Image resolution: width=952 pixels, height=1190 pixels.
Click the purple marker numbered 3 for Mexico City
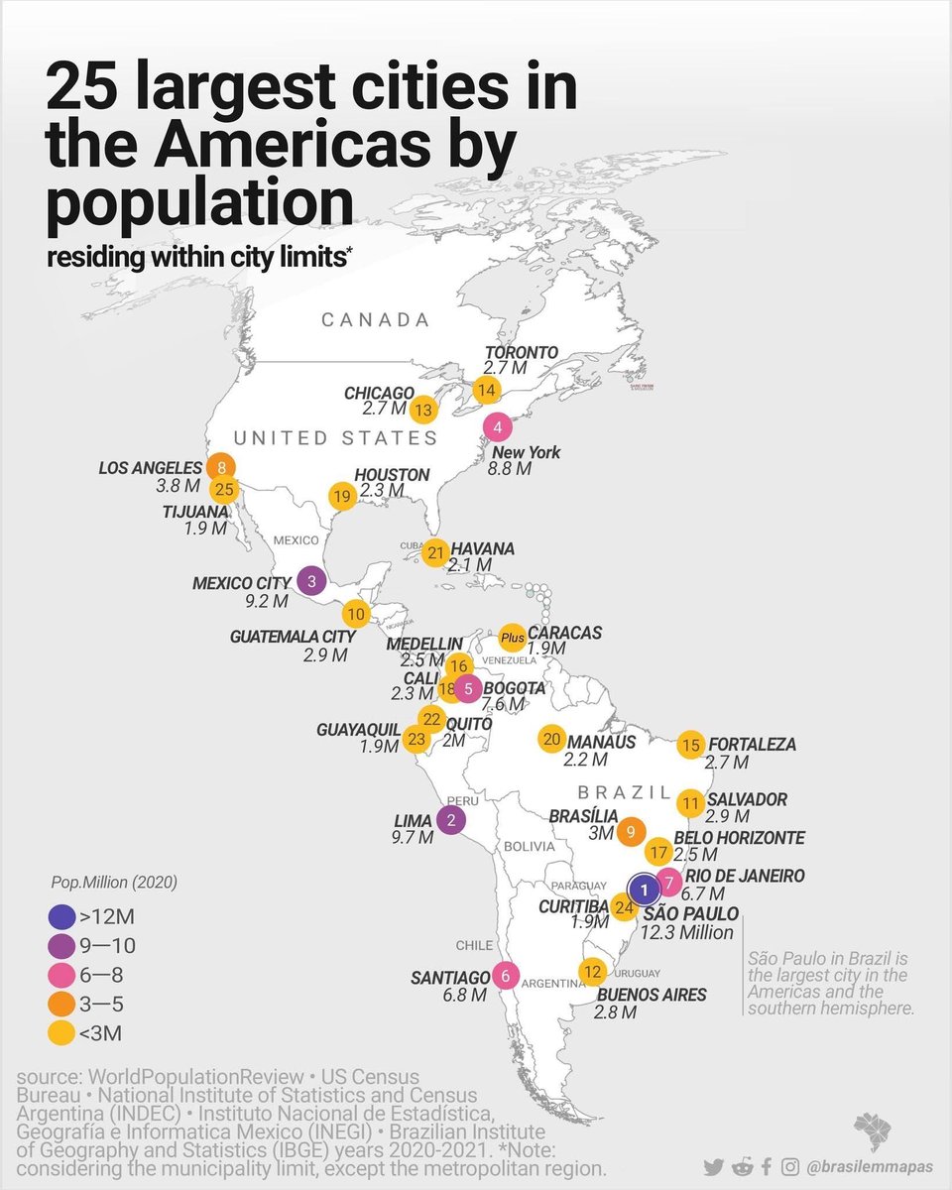click(x=311, y=582)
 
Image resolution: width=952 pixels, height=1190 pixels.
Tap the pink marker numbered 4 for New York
click(x=497, y=427)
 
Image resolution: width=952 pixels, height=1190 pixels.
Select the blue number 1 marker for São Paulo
click(x=643, y=890)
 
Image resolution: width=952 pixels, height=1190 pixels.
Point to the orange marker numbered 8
click(x=221, y=467)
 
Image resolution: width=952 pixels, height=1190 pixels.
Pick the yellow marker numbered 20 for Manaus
click(x=552, y=739)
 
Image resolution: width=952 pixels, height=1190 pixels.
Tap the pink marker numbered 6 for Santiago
click(x=506, y=976)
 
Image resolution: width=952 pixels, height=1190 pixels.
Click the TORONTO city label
click(x=521, y=352)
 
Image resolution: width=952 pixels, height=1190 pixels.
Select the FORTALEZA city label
click(x=752, y=744)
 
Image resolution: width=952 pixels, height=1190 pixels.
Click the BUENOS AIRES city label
click(x=650, y=995)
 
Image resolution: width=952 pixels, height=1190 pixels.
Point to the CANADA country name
click(x=376, y=320)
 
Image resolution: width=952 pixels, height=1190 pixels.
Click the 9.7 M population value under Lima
click(x=413, y=837)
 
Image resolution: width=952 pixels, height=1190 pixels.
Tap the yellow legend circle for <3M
click(x=62, y=1035)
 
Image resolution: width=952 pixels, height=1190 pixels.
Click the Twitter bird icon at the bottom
click(x=713, y=1167)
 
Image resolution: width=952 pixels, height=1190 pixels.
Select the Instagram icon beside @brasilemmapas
click(x=790, y=1167)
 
